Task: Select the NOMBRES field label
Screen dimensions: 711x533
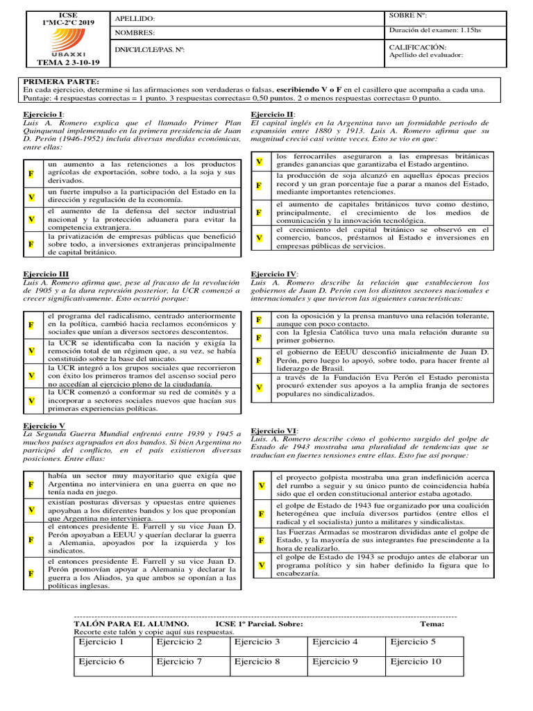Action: click(x=135, y=33)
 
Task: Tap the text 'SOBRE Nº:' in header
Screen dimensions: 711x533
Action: click(x=408, y=15)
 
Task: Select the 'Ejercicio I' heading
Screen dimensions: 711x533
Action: click(x=44, y=114)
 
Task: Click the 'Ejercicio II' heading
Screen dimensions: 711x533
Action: click(x=272, y=114)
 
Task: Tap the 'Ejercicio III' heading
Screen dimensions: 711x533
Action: click(x=46, y=274)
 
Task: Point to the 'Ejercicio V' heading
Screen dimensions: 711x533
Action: click(x=44, y=425)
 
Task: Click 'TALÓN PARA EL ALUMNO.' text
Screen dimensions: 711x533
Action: click(x=130, y=624)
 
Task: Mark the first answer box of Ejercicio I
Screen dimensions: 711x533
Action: click(x=31, y=172)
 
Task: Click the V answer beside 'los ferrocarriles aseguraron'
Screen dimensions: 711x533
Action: click(x=259, y=161)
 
